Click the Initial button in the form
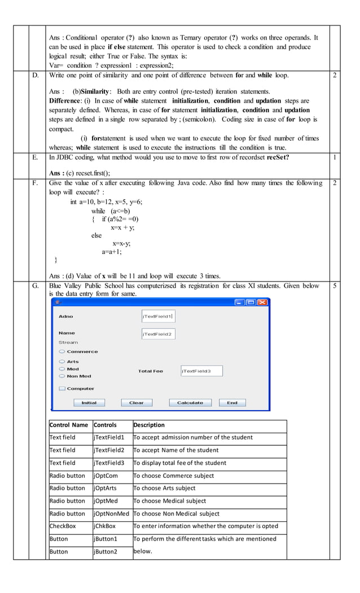coord(89,403)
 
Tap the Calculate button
coord(190,403)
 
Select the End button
coord(232,403)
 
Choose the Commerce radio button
coord(62,352)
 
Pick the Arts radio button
coord(62,362)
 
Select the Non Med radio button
coord(62,376)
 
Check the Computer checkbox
coord(62,389)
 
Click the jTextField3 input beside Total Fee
coord(201,371)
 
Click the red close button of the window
coord(262,302)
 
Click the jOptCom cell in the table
coord(106,476)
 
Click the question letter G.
coord(36,286)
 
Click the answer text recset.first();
coord(89,173)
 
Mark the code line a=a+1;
coord(112,252)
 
